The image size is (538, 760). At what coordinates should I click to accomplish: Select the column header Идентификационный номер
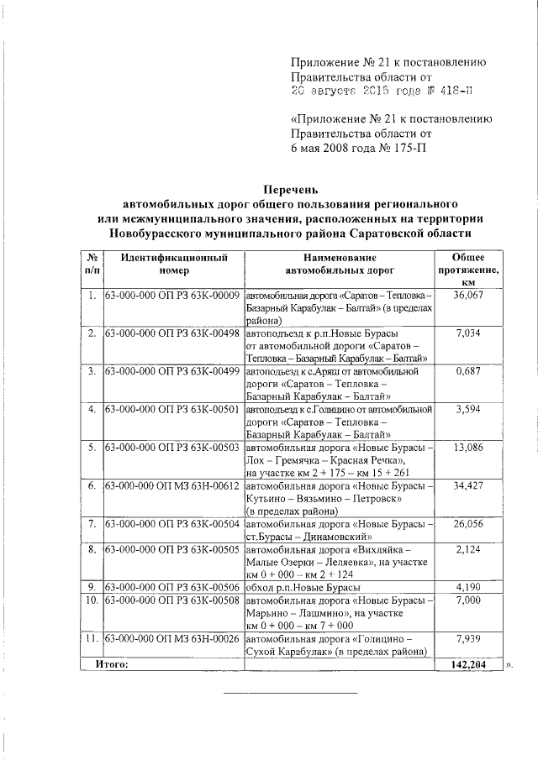tap(173, 265)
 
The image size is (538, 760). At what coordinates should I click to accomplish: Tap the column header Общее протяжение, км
tap(468, 271)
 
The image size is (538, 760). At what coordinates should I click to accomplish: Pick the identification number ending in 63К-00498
tap(173, 334)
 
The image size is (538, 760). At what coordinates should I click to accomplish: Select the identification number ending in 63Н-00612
tap(173, 486)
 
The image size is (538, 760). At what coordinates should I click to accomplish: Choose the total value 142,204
tap(468, 664)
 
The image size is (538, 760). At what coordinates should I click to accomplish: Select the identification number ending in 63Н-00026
tap(173, 639)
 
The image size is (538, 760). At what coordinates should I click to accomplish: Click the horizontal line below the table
tap(290, 693)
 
